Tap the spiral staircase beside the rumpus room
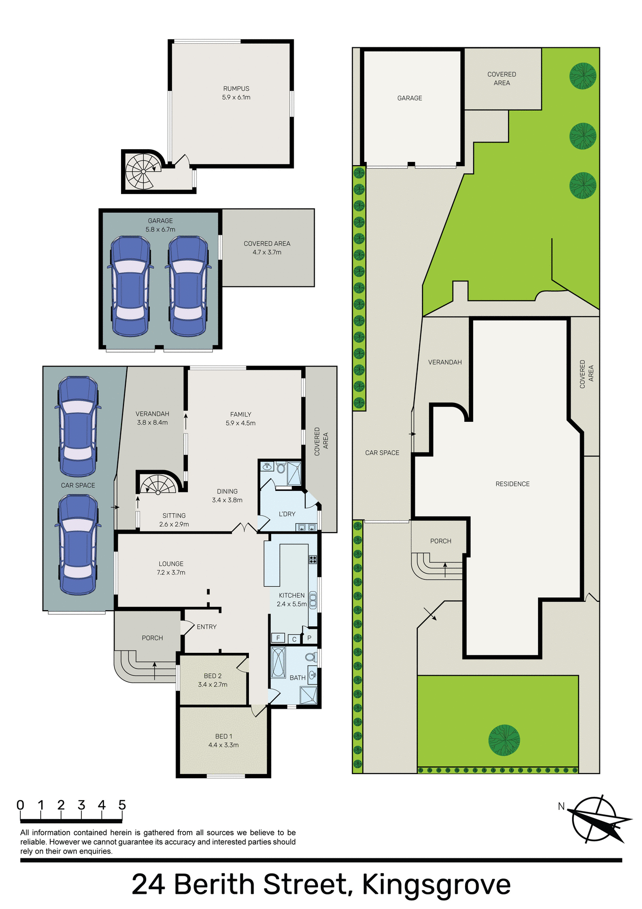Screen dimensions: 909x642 [141, 171]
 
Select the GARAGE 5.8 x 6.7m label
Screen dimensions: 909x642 [160, 225]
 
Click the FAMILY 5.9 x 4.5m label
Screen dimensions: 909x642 [240, 419]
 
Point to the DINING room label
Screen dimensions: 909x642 [227, 491]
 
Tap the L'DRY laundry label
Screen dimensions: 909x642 [287, 514]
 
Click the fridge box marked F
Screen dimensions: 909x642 [278, 638]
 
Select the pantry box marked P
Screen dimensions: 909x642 [309, 638]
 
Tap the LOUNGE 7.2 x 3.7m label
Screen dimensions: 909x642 [171, 568]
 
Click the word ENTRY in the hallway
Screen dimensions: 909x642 [207, 627]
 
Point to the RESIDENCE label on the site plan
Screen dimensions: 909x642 [512, 484]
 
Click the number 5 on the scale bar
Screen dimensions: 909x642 [122, 805]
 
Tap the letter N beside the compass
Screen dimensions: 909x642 [562, 806]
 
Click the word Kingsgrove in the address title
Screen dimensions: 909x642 [436, 884]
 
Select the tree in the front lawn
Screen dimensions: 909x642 [504, 740]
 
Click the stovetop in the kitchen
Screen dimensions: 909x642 [313, 560]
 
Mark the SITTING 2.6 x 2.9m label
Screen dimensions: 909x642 [174, 520]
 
